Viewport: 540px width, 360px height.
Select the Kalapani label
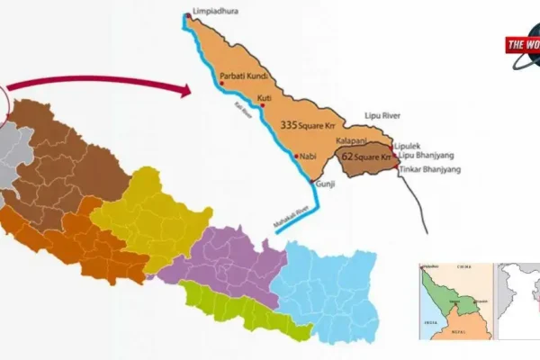(353, 141)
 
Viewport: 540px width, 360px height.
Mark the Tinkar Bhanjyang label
(427, 170)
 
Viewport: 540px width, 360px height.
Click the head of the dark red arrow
(188, 90)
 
